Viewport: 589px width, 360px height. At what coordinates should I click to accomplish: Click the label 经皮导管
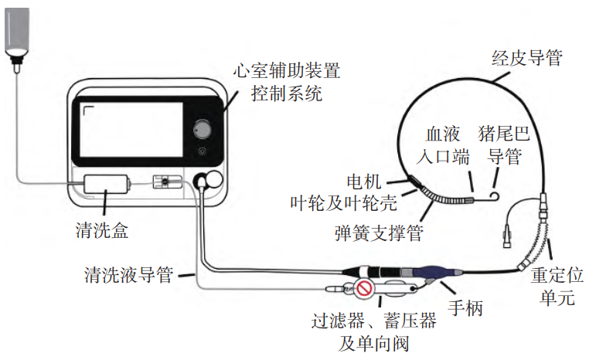(x=526, y=57)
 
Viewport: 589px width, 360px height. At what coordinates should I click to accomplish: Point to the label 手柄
(x=466, y=308)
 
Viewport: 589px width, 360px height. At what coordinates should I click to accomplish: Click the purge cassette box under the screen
(x=107, y=186)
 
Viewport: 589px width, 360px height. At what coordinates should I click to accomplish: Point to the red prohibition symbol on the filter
(x=366, y=290)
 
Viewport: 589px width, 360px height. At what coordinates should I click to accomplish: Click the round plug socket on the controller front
(x=206, y=180)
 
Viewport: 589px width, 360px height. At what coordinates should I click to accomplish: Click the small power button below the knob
(x=203, y=151)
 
